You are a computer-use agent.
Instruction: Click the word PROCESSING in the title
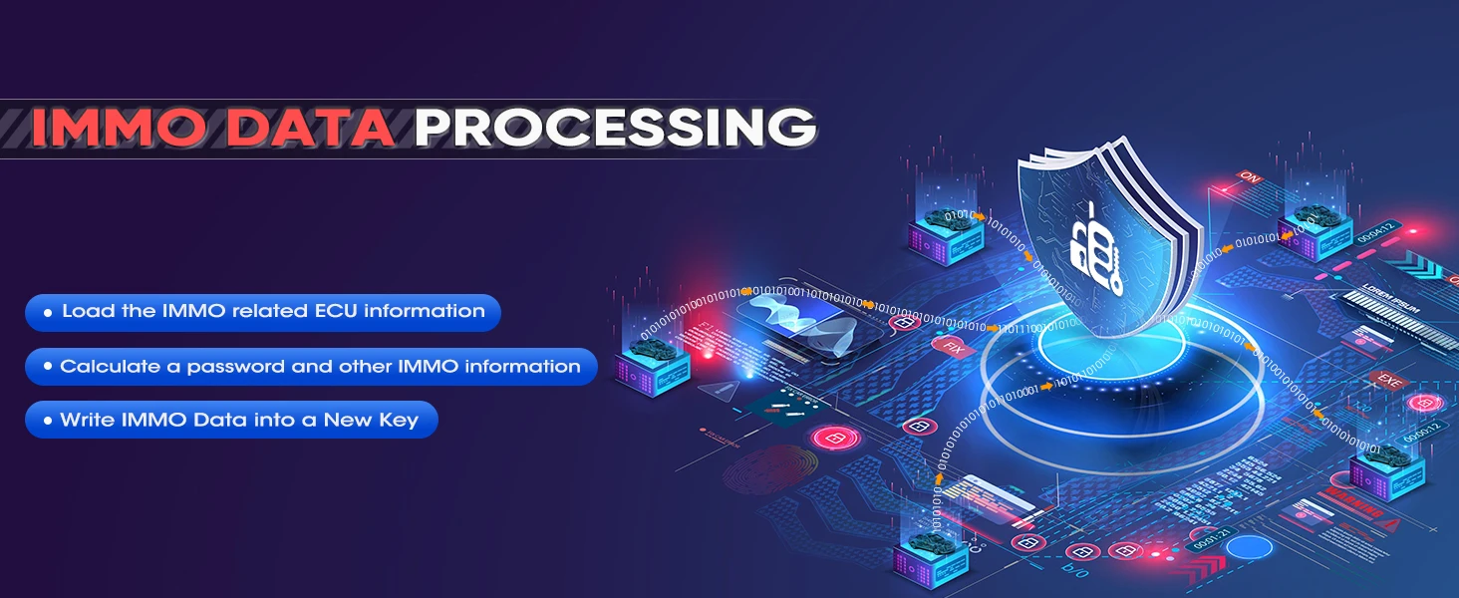[615, 127]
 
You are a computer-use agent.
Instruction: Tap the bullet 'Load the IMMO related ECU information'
[262, 312]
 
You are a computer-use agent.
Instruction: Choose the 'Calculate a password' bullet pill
[310, 367]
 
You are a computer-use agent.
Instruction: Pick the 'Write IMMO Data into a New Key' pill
[231, 421]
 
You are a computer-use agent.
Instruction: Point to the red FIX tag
[954, 348]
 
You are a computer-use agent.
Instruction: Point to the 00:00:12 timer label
[1421, 433]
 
